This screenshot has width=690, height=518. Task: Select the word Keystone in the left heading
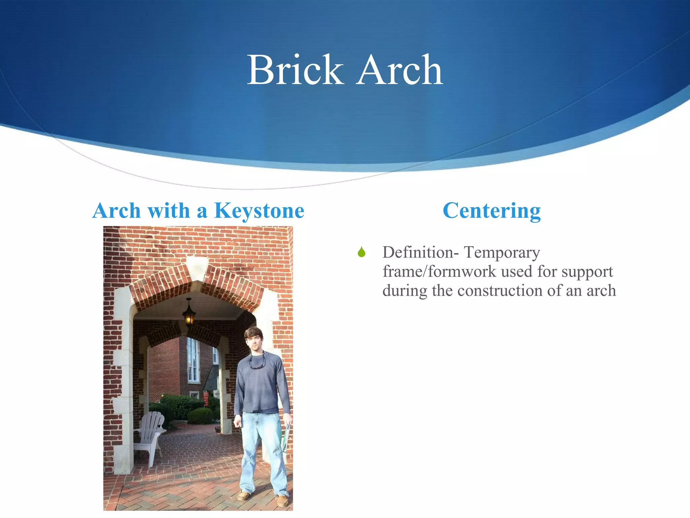point(259,211)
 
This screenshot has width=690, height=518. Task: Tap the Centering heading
point(492,211)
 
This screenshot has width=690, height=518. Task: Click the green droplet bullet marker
point(362,252)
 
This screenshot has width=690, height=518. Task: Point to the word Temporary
point(502,252)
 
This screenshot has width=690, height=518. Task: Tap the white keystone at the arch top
point(197,267)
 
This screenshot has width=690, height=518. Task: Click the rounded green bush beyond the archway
point(200,416)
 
